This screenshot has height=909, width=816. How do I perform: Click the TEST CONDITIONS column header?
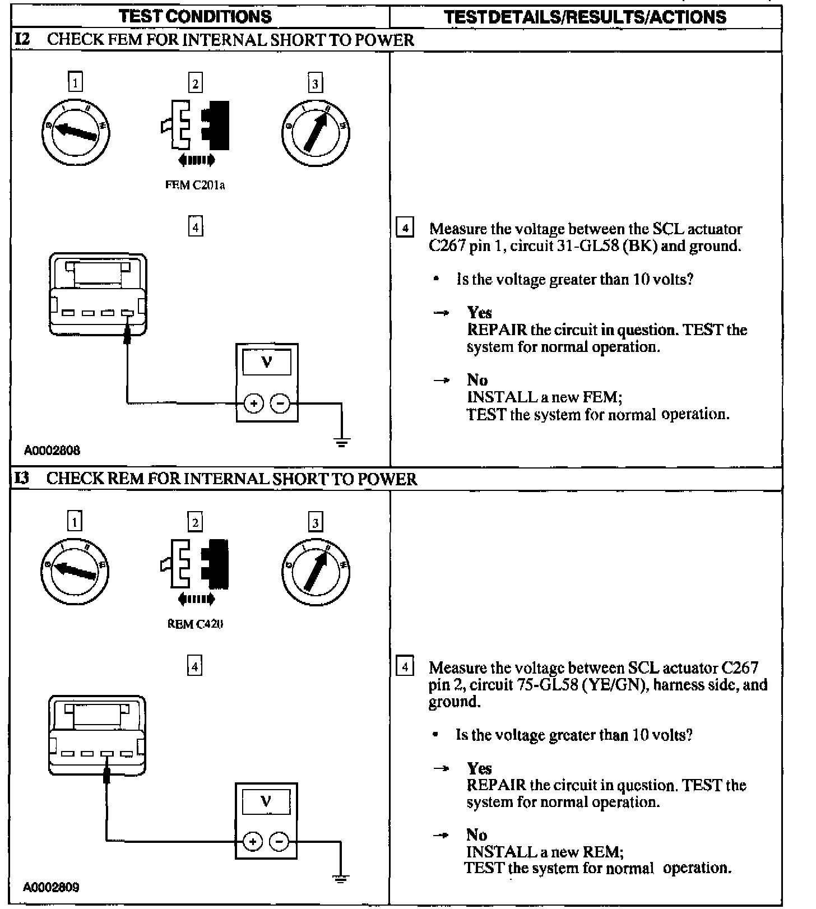195,16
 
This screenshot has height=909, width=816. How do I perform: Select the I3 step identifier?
22,479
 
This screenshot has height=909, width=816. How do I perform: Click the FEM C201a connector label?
195,185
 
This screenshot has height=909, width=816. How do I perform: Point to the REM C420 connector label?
195,624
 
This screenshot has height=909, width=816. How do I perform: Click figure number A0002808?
52,450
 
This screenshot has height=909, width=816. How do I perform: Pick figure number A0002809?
51,887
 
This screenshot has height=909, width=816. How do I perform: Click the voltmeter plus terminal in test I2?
253,403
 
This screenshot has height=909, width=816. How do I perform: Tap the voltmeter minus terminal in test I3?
279,841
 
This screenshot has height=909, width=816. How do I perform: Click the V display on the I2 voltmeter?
267,362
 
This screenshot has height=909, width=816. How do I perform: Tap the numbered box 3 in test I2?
315,84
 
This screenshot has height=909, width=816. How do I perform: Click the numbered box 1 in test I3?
75,522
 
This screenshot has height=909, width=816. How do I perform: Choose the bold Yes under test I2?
479,313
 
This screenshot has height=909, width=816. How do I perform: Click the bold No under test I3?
476,834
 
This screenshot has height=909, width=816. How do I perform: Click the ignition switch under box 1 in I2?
76,132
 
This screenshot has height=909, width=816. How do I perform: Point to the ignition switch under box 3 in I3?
316,571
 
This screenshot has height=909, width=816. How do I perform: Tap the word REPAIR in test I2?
497,330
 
